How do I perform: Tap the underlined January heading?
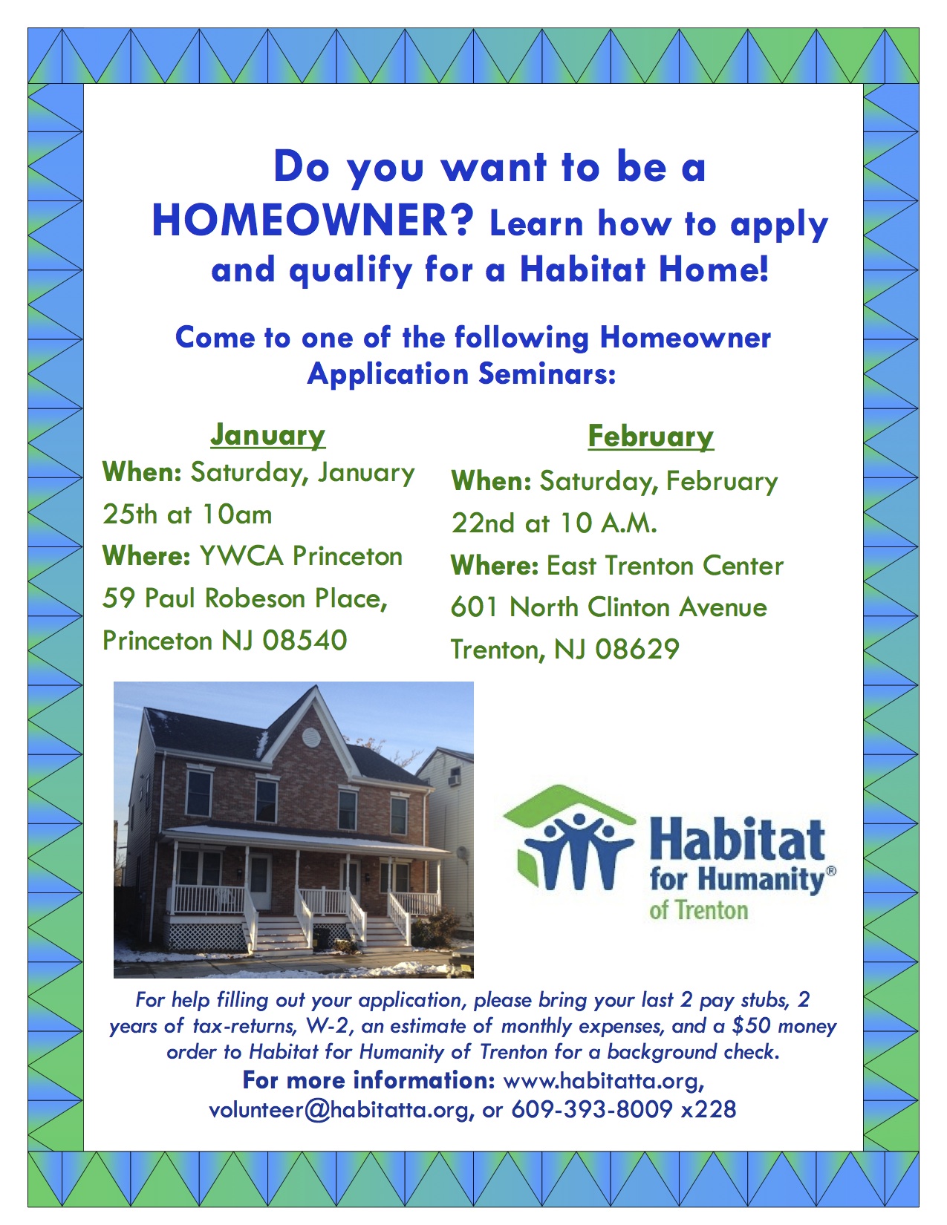pos(268,435)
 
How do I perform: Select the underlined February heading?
pos(651,437)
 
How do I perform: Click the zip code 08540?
pos(305,641)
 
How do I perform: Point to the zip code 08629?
pos(637,650)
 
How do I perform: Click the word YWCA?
pos(241,556)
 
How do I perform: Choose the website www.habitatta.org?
pos(604,1081)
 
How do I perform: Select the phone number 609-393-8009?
pos(592,1109)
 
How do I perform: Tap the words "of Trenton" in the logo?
pos(699,910)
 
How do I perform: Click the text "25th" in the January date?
pos(130,514)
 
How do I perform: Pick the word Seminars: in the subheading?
pos(547,374)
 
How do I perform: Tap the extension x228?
pos(709,1109)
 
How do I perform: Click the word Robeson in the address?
pos(255,598)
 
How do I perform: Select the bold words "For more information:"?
pos(369,1081)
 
